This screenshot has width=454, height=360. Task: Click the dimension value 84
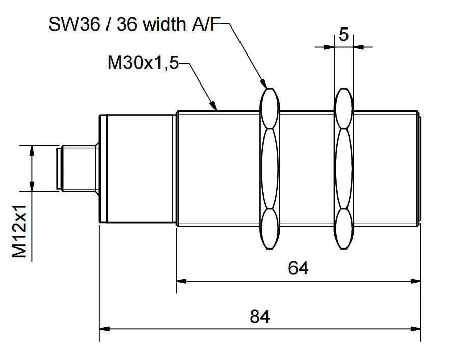click(259, 316)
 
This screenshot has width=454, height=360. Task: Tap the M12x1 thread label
click(20, 232)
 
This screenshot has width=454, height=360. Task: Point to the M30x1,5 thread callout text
click(143, 63)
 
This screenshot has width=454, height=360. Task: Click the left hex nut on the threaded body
click(270, 168)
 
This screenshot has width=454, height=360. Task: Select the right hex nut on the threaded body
click(343, 168)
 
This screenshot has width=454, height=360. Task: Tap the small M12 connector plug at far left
click(76, 169)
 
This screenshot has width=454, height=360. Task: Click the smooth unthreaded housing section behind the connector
click(138, 169)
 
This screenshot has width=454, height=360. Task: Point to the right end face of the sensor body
click(420, 169)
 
